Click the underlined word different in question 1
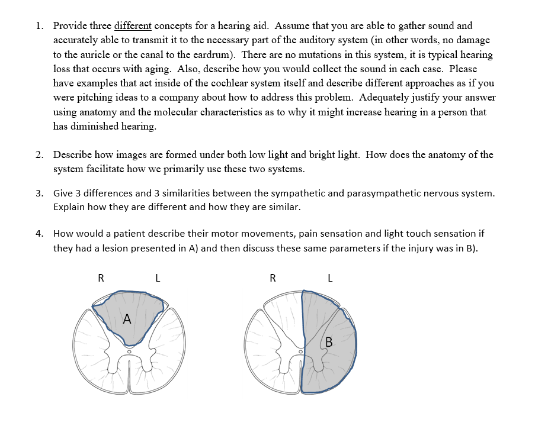pos(133,26)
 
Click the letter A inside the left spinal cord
pos(126,320)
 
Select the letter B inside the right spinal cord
pos(329,341)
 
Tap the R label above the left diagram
pos(101,278)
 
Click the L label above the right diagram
pos(330,278)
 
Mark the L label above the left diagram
pos(157,278)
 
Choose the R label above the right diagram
pos(273,278)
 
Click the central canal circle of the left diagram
pos(129,351)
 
